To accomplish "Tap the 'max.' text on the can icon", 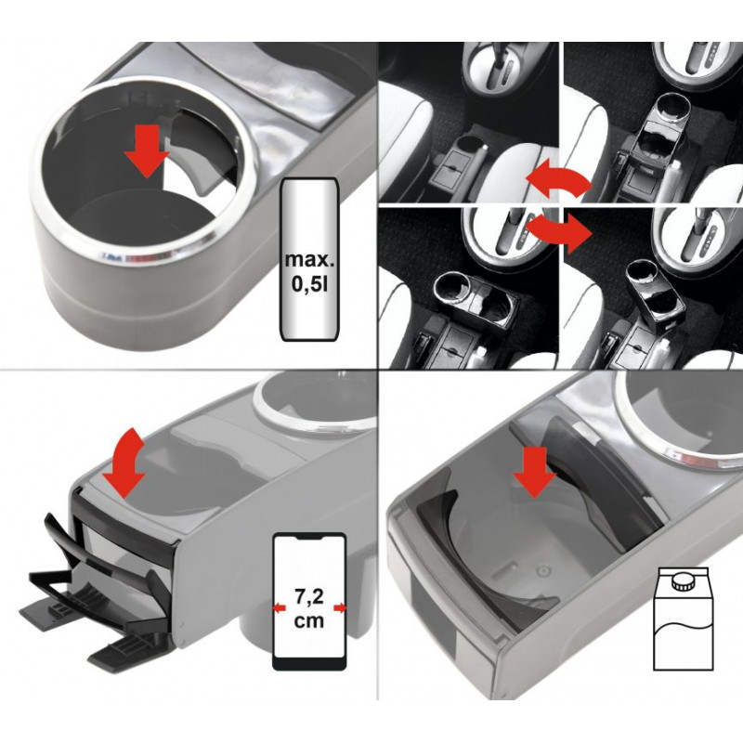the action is click(x=309, y=260).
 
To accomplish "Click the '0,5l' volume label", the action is click(x=309, y=286).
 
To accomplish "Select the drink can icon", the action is click(x=310, y=259).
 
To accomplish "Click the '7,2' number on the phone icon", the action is click(x=309, y=596).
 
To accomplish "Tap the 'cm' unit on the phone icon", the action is click(x=309, y=620).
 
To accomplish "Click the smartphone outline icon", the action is click(x=309, y=601).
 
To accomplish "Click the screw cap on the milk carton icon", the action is click(x=684, y=582).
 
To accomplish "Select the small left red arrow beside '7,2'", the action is click(x=280, y=607).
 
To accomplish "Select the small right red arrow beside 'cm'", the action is click(x=340, y=608).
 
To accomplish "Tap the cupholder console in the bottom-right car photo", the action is click(x=653, y=293).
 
